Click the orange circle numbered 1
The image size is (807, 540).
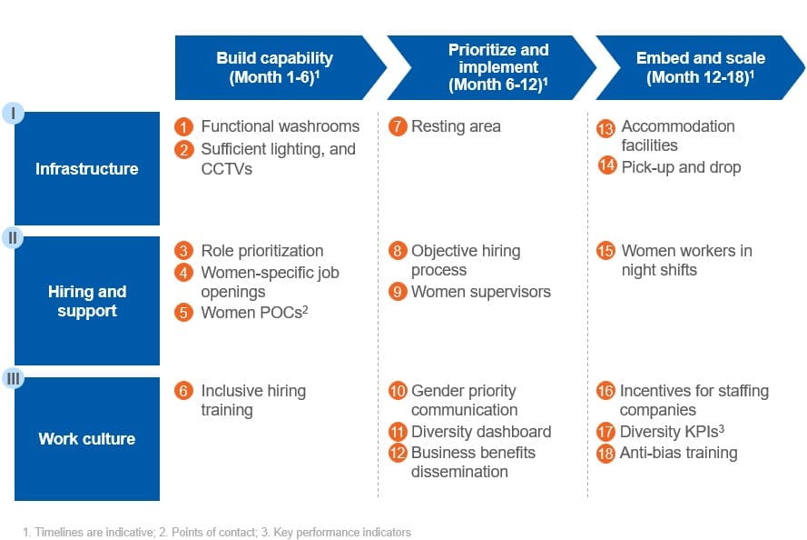[183, 126]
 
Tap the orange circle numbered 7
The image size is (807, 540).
[398, 126]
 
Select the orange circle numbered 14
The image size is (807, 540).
[606, 165]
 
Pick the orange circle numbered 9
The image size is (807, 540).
[398, 292]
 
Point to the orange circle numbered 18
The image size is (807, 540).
[605, 454]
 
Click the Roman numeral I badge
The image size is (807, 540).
[13, 113]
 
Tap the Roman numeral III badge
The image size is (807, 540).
[13, 379]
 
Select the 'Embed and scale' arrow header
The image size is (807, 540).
[700, 67]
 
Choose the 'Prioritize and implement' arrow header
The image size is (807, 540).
[491, 67]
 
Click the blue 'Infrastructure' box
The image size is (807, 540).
[87, 168]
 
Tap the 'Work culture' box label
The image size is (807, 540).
[87, 439]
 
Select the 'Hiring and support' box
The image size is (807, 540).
[87, 301]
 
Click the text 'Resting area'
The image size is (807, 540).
[456, 126]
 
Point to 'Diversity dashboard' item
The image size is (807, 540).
[481, 432]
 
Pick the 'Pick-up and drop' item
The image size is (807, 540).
[681, 167]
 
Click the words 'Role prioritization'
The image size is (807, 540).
[262, 251]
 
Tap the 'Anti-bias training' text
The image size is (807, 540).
[678, 453]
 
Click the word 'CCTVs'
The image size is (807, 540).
[226, 169]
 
